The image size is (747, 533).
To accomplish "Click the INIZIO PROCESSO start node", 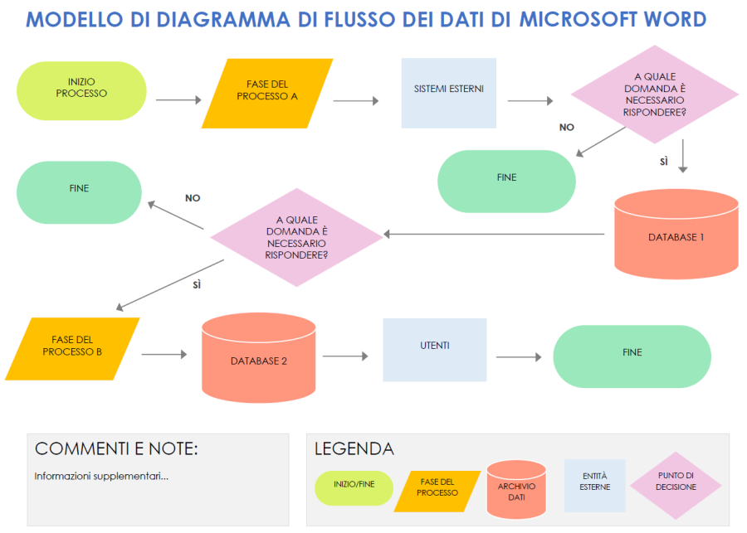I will click(81, 90).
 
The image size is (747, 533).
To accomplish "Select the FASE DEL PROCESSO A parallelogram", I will click(267, 93).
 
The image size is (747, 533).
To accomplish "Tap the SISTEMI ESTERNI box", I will click(448, 93).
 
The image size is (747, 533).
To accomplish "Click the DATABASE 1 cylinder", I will click(676, 237).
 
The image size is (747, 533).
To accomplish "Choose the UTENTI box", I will click(434, 350).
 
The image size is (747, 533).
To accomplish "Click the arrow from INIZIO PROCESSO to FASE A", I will click(178, 100).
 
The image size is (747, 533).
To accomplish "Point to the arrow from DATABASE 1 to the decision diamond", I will click(494, 235).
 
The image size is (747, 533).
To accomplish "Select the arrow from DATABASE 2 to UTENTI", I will click(344, 356).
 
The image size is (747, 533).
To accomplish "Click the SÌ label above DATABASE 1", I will click(664, 162).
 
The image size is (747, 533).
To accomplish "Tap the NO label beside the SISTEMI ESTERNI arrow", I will click(567, 128).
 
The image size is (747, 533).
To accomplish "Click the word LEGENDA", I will click(354, 449).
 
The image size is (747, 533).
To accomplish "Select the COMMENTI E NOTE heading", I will click(116, 449).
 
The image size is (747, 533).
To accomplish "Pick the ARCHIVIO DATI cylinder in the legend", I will click(516, 490).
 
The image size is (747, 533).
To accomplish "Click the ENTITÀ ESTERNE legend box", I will click(595, 485).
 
